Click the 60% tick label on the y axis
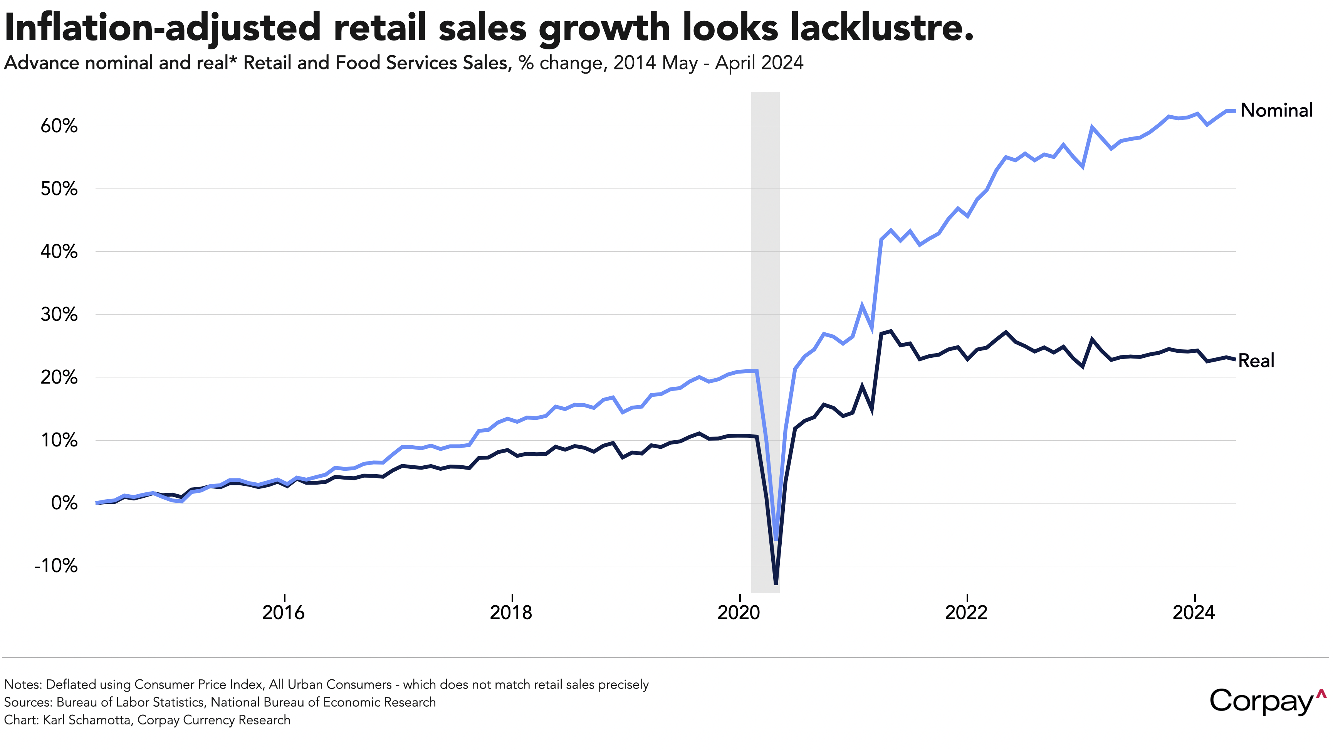(59, 126)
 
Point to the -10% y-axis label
(56, 566)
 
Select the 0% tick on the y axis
(64, 503)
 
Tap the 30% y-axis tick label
(59, 314)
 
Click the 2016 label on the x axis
(284, 613)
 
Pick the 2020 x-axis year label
(739, 613)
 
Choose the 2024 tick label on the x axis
(1194, 613)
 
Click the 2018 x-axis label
(511, 613)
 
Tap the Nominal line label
(1277, 110)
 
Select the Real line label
(1256, 360)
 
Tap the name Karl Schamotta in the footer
(87, 720)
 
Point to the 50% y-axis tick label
(59, 189)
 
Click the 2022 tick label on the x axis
(966, 613)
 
